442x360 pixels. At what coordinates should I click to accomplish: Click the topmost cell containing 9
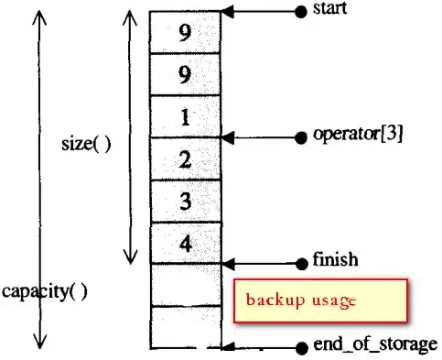click(x=186, y=33)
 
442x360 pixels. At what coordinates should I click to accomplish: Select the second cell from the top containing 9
click(x=186, y=75)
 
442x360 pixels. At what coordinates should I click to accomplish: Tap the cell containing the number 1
click(x=186, y=117)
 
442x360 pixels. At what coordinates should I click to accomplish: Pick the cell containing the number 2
click(x=186, y=159)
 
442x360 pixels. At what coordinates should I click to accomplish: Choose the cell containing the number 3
click(x=186, y=202)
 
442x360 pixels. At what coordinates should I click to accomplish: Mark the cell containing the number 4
click(x=186, y=244)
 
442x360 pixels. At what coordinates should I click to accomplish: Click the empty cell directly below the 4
click(x=186, y=285)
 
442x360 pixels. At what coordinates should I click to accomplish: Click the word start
click(x=330, y=10)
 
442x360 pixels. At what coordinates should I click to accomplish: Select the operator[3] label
click(x=358, y=136)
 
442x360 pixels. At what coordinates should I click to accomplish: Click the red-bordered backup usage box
click(x=318, y=300)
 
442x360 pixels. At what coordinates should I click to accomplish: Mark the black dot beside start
click(x=301, y=11)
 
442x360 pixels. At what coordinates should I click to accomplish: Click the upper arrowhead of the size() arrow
click(x=129, y=17)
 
